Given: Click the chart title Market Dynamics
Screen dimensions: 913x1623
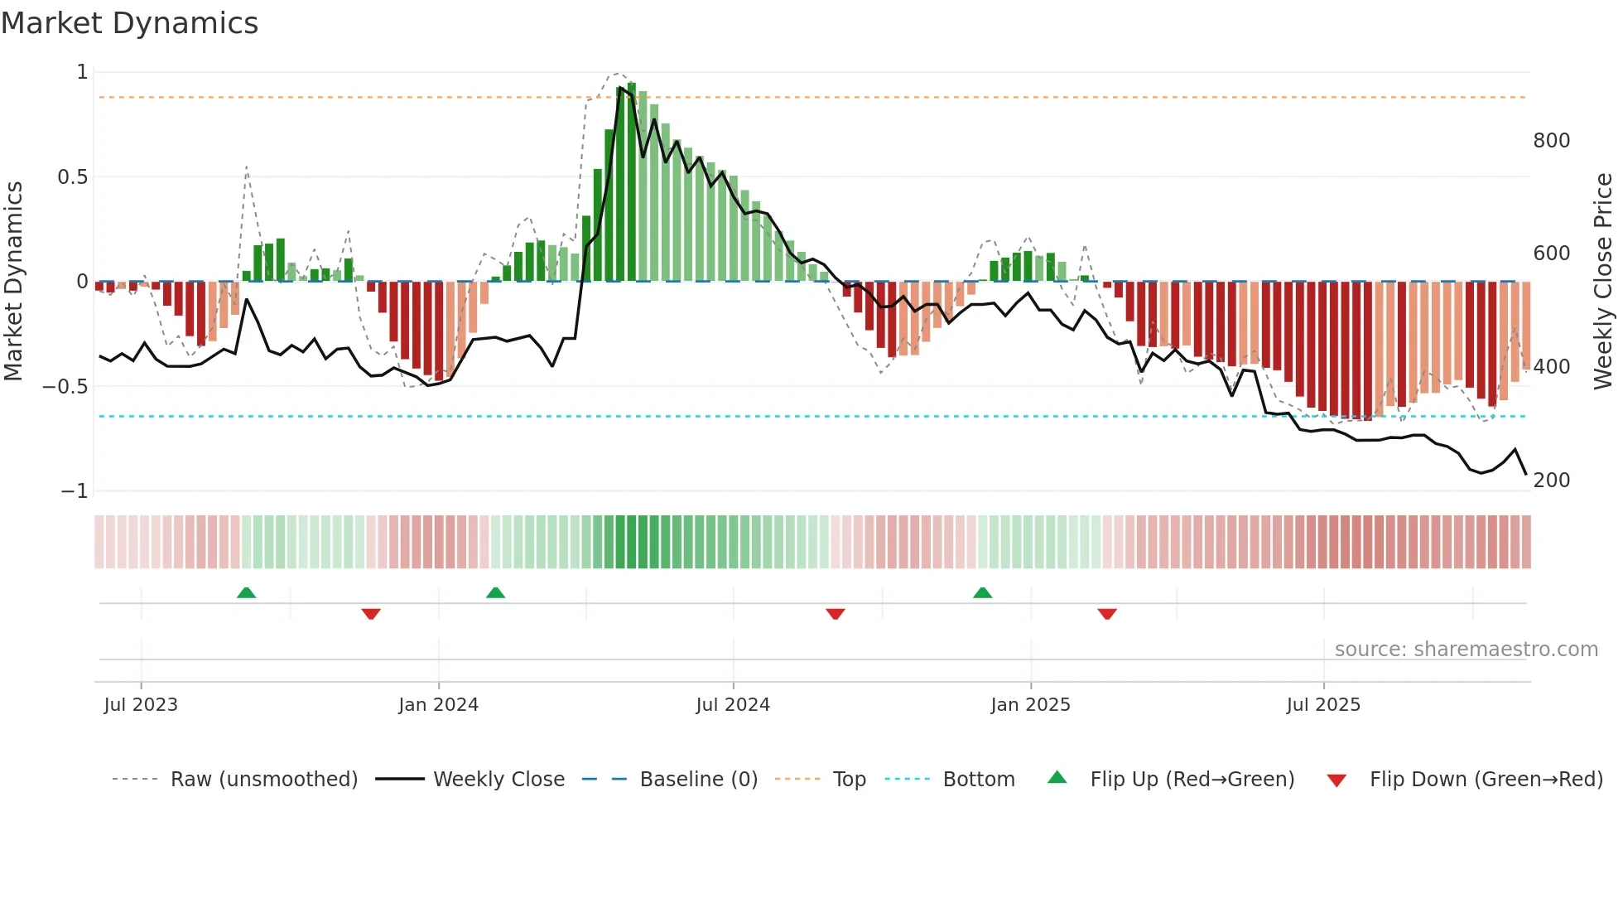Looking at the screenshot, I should pyautogui.click(x=129, y=23).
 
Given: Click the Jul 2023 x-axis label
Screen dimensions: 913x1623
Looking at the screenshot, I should pyautogui.click(x=141, y=705).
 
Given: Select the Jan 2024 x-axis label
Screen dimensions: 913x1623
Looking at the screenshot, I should pyautogui.click(x=438, y=705).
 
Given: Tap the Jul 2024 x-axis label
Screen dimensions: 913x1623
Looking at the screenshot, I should pyautogui.click(x=733, y=705).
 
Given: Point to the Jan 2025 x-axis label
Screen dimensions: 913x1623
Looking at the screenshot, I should pyautogui.click(x=1030, y=705).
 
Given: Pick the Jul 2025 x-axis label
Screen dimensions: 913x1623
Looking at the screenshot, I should pyautogui.click(x=1323, y=705).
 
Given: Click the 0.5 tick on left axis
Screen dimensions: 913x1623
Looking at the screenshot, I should pyautogui.click(x=72, y=177).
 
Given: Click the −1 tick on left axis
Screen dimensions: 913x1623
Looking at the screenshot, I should pyautogui.click(x=74, y=491).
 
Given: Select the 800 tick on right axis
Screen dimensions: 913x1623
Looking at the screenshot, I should pyautogui.click(x=1551, y=141).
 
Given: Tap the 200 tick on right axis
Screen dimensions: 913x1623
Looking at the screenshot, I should pyautogui.click(x=1551, y=481).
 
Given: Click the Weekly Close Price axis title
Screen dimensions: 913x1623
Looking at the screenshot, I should pyautogui.click(x=1603, y=281).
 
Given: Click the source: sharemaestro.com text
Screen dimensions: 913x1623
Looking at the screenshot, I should pyautogui.click(x=1466, y=650).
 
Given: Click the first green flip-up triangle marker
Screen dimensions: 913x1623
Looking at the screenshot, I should pyautogui.click(x=246, y=592).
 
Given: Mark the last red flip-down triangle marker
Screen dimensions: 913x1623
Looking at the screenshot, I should pyautogui.click(x=1107, y=614).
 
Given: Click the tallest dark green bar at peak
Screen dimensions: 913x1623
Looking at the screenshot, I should pyautogui.click(x=632, y=182).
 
